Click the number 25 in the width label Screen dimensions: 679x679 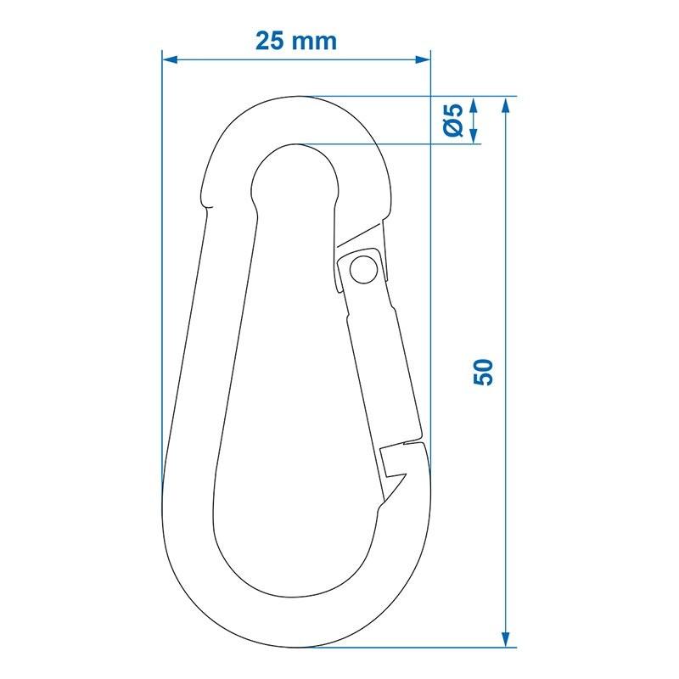coord(270,41)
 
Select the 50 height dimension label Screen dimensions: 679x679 coord(482,372)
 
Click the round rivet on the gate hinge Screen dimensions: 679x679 coord(361,269)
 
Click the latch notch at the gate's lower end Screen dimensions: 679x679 coord(392,463)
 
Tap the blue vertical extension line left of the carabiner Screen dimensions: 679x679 coord(161,255)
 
